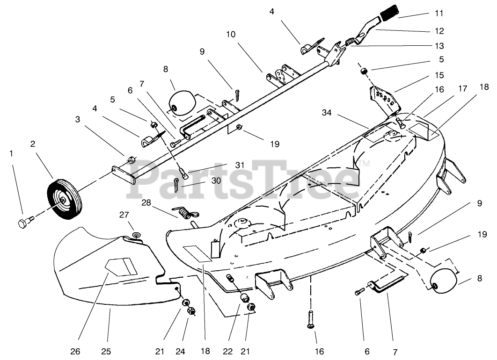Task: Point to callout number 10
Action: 231,35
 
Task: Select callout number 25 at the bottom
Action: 106,351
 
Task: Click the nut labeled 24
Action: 190,311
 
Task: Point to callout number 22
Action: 231,351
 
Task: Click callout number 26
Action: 76,351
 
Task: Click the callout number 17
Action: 462,87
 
